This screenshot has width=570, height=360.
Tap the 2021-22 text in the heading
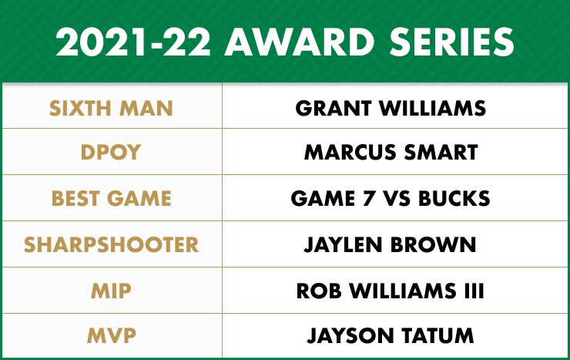[x=133, y=42]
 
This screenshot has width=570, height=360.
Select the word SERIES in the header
[x=451, y=42]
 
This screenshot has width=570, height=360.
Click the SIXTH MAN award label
[x=111, y=108]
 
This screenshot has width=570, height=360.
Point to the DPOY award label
[x=110, y=152]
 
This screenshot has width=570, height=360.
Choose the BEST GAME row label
[x=111, y=198]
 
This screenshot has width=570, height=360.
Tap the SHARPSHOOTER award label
[x=111, y=244]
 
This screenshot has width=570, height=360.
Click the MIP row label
[x=111, y=291]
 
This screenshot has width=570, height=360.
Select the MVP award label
[x=111, y=335]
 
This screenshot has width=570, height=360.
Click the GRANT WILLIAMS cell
[x=391, y=108]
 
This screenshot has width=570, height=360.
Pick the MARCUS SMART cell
[x=391, y=152]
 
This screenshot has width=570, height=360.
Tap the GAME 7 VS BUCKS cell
[x=391, y=198]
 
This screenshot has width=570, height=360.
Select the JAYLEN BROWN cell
[x=390, y=244]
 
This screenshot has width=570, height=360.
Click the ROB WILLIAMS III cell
[x=390, y=291]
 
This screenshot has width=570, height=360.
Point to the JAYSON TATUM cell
[x=391, y=335]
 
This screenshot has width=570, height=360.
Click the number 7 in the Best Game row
[x=369, y=199]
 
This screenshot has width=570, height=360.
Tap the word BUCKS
[x=454, y=198]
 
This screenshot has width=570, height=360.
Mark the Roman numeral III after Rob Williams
[x=474, y=291]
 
